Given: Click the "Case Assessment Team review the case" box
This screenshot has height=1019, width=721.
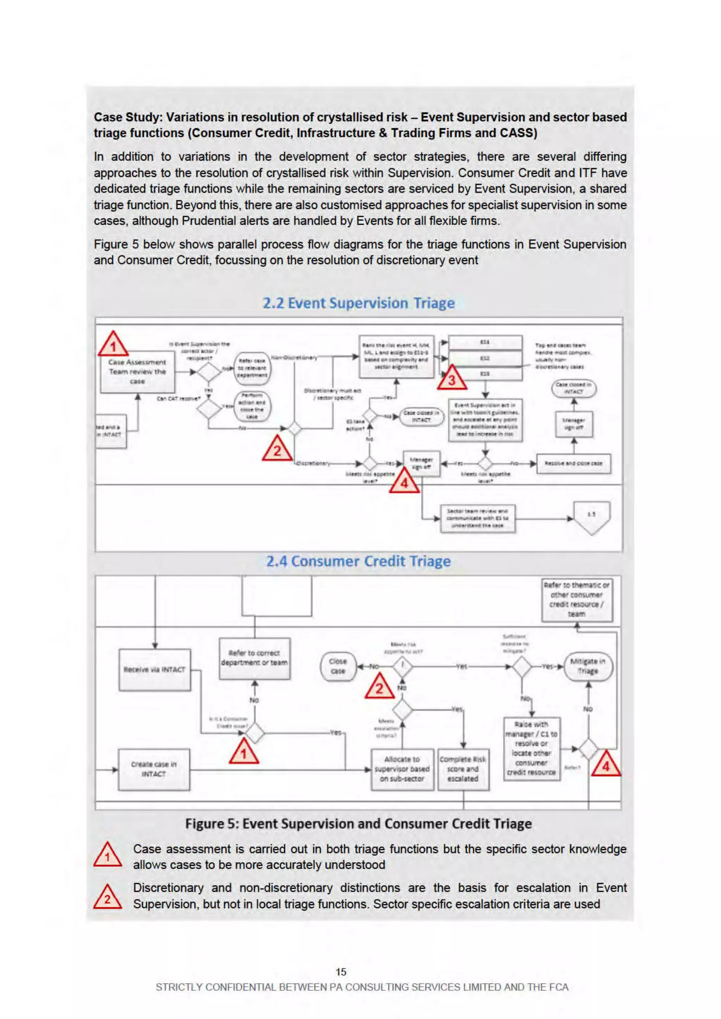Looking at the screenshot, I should point(137,372).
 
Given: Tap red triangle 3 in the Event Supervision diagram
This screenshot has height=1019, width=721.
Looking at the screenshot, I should point(452,379).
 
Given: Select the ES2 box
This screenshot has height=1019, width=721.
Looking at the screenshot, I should point(485,358).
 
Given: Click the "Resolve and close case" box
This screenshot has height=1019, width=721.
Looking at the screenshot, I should point(573,463).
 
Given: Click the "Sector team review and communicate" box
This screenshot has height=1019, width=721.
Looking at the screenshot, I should point(477,518).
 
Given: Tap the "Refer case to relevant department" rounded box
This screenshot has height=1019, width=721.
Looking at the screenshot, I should point(252,368).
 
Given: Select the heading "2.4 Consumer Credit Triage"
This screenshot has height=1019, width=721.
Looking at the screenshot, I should point(358,562).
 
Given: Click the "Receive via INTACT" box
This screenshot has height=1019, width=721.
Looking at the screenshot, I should point(155,670).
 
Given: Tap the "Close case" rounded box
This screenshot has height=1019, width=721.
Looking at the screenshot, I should point(338,666).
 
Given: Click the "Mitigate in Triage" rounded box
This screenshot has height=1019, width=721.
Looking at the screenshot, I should point(588,666).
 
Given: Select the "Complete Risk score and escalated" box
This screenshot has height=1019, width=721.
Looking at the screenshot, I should point(463,769).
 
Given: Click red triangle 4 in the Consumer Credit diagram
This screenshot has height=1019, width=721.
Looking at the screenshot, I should point(606,765).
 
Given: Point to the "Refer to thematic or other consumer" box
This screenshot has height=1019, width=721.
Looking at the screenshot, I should point(577,600).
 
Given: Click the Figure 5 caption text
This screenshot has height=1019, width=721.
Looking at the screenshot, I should point(358,824).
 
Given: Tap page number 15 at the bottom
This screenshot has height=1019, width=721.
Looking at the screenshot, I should point(341,972).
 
